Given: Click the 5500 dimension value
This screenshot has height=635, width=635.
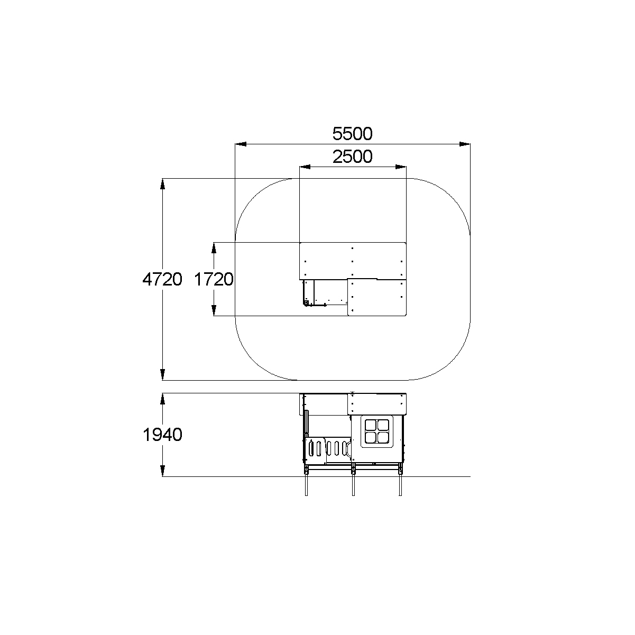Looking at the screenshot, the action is [x=352, y=134].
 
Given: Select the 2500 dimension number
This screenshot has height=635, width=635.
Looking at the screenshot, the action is [x=352, y=157].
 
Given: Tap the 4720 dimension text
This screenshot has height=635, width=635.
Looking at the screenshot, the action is [x=162, y=280].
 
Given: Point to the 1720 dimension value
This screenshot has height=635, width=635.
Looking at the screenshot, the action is [x=214, y=280].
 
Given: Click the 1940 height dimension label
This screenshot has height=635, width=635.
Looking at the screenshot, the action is [x=162, y=435].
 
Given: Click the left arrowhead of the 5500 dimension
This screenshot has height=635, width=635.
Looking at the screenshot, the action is [x=241, y=144].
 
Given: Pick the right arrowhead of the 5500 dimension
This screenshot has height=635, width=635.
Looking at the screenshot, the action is [x=465, y=144].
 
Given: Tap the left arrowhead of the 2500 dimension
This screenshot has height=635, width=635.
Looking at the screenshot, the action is [x=305, y=167].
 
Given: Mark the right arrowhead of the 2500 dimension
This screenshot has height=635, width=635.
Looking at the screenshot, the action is [x=401, y=167].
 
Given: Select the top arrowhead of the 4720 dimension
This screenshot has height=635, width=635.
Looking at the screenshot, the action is [x=162, y=184].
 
